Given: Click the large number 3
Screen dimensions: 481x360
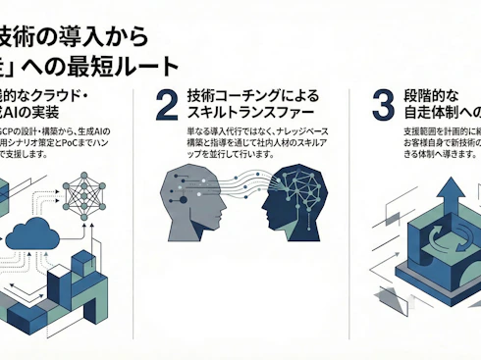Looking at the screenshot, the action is pos(384,105).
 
